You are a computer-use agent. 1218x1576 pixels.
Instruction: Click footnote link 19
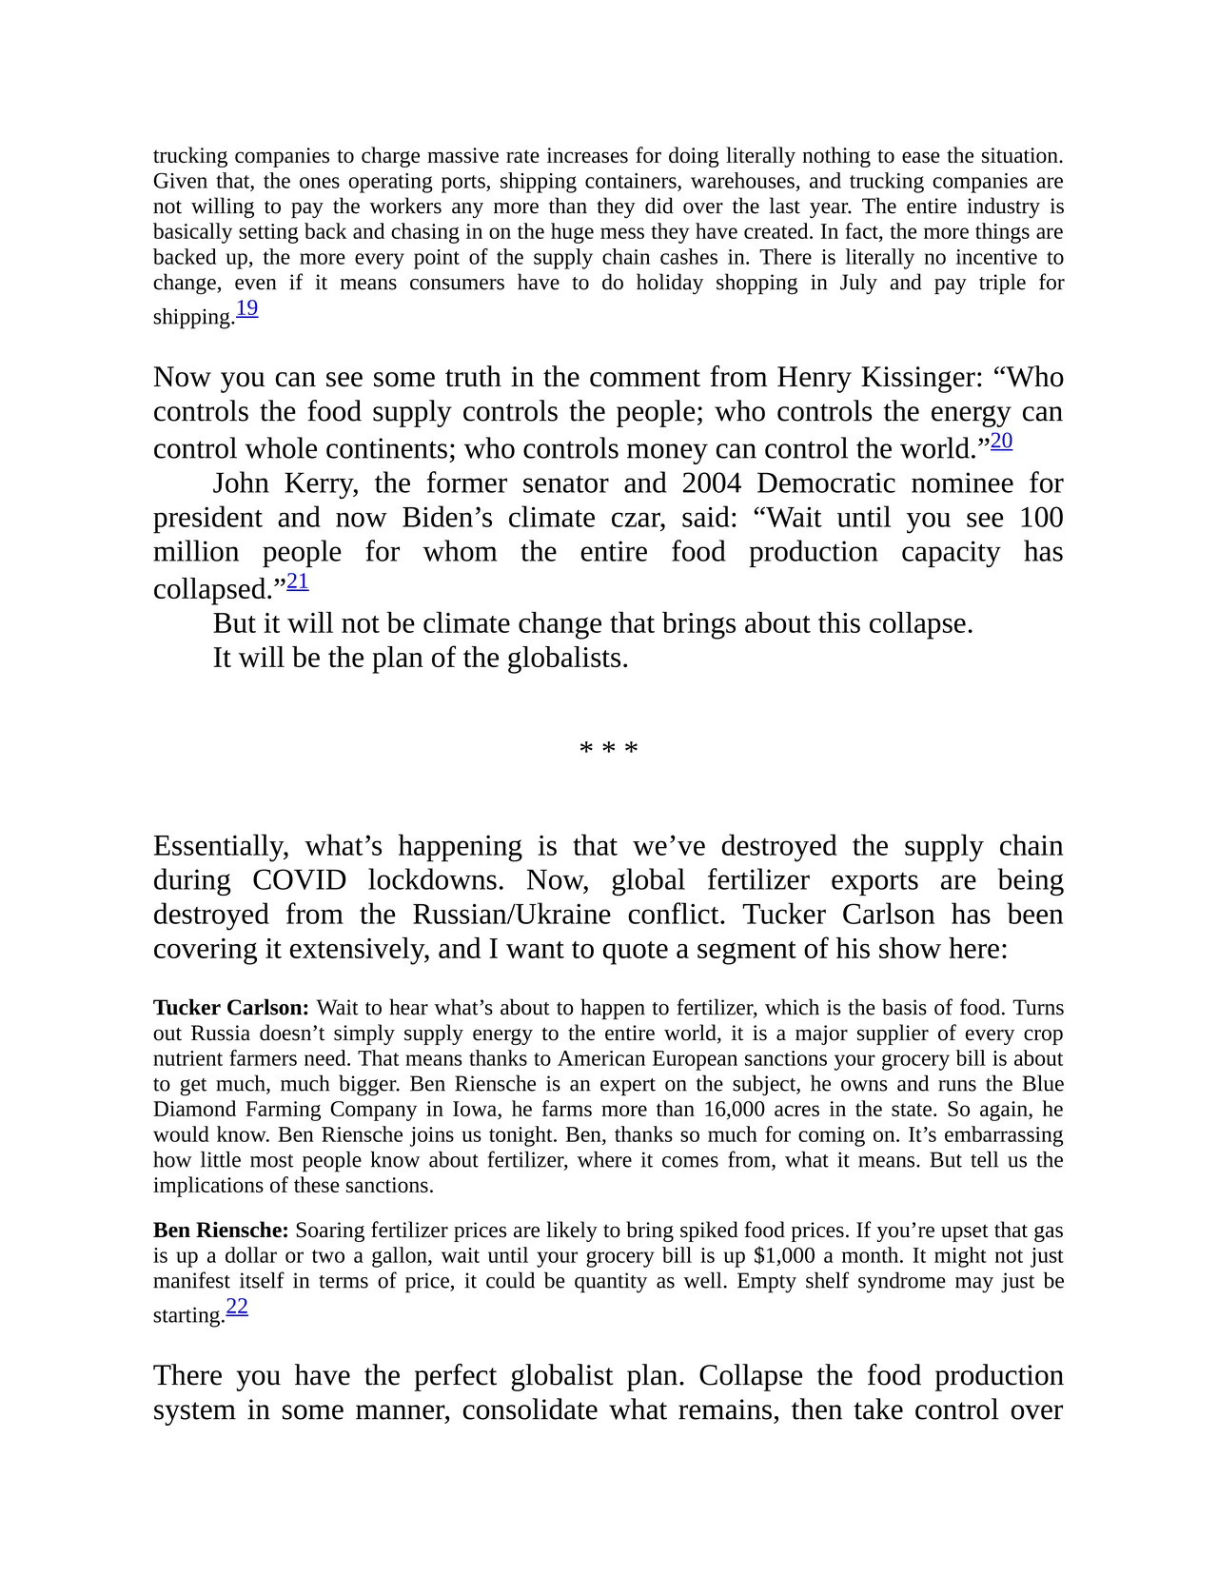point(246,308)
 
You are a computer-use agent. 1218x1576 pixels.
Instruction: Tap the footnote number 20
point(1001,441)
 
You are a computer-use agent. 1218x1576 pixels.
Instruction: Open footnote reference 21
point(298,581)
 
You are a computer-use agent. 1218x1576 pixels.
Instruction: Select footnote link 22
point(237,1307)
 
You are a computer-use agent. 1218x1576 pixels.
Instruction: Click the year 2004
point(711,483)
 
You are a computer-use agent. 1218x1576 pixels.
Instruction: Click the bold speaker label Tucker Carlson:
point(231,1008)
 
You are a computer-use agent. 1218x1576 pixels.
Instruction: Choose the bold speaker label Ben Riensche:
point(221,1231)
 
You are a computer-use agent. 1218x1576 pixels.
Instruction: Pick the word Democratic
point(826,483)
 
